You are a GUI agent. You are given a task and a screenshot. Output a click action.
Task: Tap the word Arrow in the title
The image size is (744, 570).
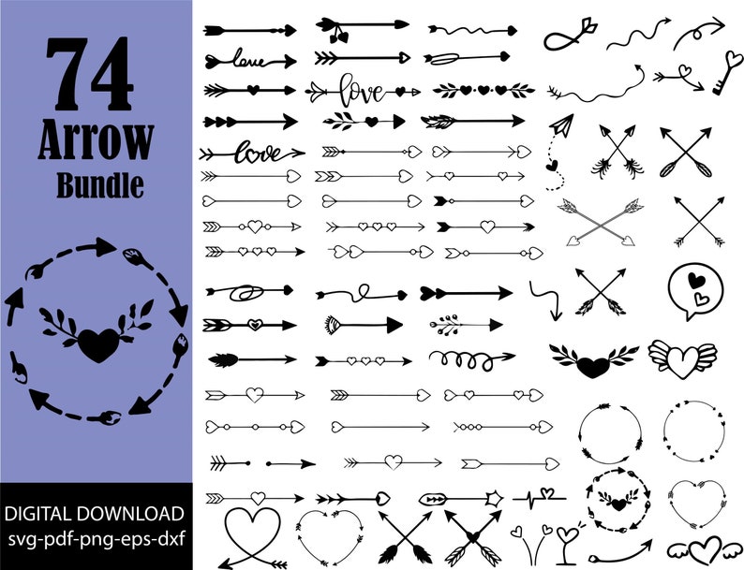(96, 140)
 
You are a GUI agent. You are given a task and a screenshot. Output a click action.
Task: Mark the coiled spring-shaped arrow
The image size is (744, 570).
(471, 358)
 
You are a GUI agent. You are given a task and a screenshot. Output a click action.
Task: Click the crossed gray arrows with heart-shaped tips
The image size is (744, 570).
(601, 222)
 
